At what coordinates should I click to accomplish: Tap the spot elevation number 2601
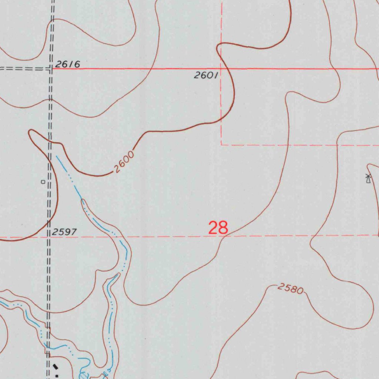pos(205,76)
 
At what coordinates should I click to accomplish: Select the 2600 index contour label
pos(123,163)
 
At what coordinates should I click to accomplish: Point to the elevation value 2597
pos(64,232)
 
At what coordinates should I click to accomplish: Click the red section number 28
pos(218,228)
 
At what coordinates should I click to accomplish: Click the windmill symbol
pos(368,178)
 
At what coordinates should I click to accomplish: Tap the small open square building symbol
pos(43,182)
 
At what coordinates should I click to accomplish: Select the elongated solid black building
pos(56,366)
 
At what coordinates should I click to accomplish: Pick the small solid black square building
pos(57,375)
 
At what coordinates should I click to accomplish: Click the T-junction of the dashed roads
pos(50,68)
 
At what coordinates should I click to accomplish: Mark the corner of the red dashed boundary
pos(221,145)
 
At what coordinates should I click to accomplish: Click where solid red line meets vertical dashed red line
pos(221,69)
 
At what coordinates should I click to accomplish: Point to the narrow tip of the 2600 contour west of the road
pos(30,132)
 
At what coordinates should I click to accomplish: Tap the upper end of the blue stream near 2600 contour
pos(56,156)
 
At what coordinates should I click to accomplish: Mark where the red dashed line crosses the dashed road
pos(48,236)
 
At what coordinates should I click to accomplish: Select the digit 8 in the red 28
pos(223,228)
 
